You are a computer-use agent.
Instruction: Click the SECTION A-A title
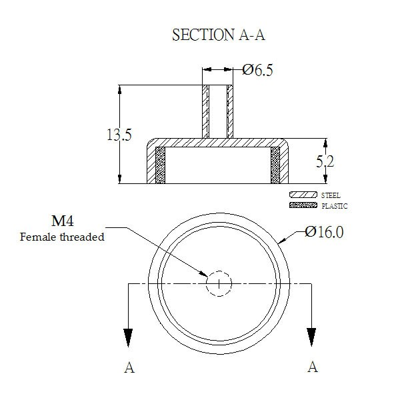click(219, 35)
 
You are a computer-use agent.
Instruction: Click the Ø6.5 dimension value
click(257, 70)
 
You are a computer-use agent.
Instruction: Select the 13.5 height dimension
click(119, 135)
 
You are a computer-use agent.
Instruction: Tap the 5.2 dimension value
click(325, 161)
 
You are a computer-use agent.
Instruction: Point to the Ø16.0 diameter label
click(324, 232)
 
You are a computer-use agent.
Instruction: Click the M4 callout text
click(63, 221)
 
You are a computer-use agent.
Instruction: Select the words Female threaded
click(62, 237)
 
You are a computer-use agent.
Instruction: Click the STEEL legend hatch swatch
click(303, 195)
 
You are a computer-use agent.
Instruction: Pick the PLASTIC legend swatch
click(303, 205)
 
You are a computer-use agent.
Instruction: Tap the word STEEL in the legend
click(331, 195)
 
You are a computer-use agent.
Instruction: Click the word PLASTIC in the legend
click(335, 206)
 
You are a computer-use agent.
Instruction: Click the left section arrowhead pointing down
click(128, 337)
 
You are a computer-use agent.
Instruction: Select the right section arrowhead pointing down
click(311, 337)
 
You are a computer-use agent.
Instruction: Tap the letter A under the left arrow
click(129, 367)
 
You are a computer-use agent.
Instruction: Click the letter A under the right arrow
click(313, 367)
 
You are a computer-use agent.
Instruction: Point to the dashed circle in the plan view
click(219, 271)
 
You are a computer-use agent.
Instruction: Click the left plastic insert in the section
click(160, 165)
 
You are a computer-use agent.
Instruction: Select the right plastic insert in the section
click(275, 165)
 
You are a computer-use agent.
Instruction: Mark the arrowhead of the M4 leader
click(204, 274)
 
